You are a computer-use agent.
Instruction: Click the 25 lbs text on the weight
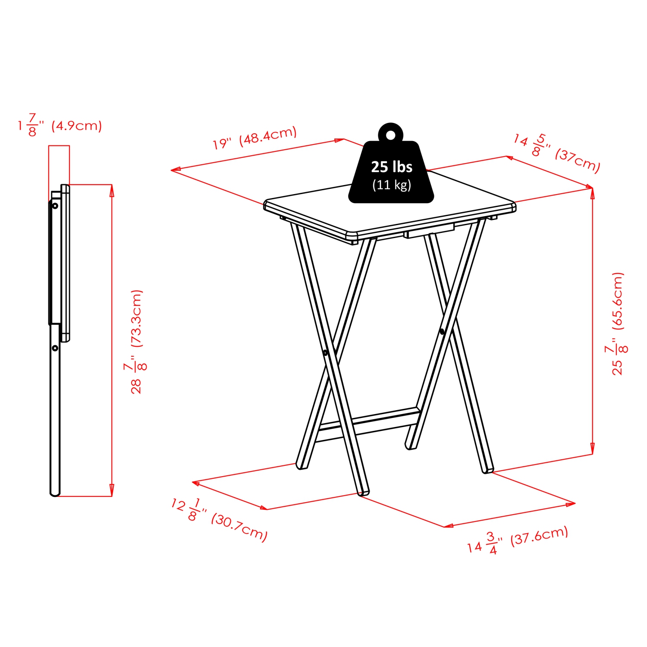392,167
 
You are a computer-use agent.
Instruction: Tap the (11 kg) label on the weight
392,185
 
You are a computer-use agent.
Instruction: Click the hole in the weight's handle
390,135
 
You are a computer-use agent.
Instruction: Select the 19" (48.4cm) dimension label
254,138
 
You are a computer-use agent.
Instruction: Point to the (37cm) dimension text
578,160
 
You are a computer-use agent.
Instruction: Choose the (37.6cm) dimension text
539,536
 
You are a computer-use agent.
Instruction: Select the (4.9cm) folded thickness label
77,126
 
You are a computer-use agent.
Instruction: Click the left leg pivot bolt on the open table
325,353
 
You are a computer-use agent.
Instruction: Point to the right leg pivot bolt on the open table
442,331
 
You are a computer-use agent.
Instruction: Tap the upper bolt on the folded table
55,206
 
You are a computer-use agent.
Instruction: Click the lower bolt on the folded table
55,348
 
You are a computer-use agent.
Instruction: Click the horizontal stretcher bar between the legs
367,422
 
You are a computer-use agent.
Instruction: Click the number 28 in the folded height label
136,386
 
